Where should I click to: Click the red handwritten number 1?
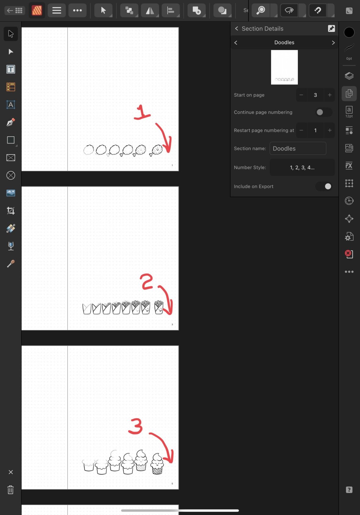tap(142, 112)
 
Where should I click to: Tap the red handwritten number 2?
tap(147, 282)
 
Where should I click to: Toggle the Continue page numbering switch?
tap(324, 112)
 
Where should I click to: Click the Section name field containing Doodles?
tap(297, 149)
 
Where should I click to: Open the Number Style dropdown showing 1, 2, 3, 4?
tap(302, 168)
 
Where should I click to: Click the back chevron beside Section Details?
tap(236, 28)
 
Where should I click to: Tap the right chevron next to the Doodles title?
tap(333, 43)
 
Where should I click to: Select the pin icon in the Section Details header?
tap(331, 28)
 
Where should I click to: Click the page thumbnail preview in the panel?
tap(284, 67)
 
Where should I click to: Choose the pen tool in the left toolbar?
tap(11, 123)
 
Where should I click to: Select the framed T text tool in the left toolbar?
tap(11, 69)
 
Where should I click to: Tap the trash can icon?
tap(11, 490)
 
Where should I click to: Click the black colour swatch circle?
tap(349, 32)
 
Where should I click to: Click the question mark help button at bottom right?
tap(349, 490)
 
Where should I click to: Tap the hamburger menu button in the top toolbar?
tap(57, 11)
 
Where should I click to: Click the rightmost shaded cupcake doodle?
tap(157, 464)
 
